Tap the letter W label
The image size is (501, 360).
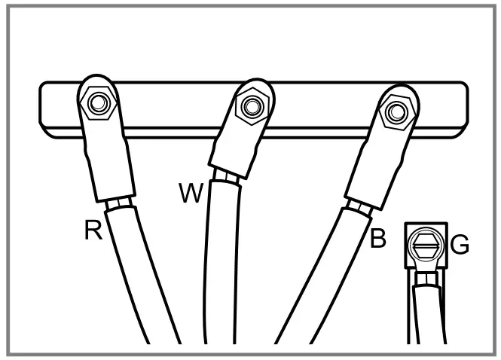pyautogui.click(x=191, y=194)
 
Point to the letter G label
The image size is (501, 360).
pyautogui.click(x=460, y=246)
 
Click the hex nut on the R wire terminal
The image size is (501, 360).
pyautogui.click(x=97, y=102)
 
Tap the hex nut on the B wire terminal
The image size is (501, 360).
pyautogui.click(x=393, y=111)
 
